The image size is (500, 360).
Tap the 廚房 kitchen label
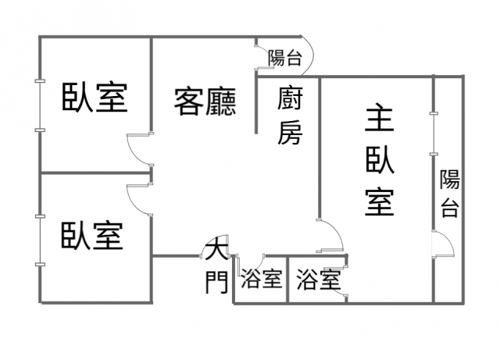(289, 116)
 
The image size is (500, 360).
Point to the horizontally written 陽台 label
(284, 57)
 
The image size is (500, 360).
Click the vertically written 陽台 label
(449, 193)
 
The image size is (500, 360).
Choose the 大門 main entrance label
(216, 269)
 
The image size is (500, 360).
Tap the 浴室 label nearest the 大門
(261, 279)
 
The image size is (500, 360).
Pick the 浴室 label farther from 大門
(317, 279)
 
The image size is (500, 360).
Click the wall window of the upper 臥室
(39, 105)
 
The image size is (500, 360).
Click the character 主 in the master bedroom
(380, 119)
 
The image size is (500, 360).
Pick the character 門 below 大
(216, 282)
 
